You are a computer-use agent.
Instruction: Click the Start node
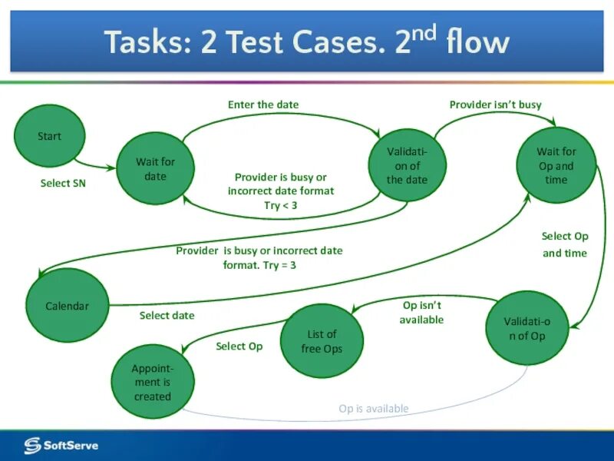(50, 137)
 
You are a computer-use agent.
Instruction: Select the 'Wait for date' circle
(155, 168)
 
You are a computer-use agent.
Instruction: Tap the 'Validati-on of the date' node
(406, 165)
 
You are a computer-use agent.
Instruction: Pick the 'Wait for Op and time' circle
(556, 165)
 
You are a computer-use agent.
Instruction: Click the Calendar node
(68, 306)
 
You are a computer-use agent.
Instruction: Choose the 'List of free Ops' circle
(321, 341)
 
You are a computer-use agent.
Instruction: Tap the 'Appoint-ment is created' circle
(152, 382)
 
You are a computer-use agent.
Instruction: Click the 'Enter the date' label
(263, 104)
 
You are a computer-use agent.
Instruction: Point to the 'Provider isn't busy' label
(495, 104)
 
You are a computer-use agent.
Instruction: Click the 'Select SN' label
(63, 184)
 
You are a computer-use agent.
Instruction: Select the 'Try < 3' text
(280, 205)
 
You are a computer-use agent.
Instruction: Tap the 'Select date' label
(167, 315)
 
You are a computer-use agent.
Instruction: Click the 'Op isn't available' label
(421, 312)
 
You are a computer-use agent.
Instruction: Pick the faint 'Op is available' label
(374, 409)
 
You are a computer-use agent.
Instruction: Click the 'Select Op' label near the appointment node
(239, 347)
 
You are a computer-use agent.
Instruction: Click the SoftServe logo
(61, 445)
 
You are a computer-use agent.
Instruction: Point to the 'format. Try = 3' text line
(259, 265)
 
